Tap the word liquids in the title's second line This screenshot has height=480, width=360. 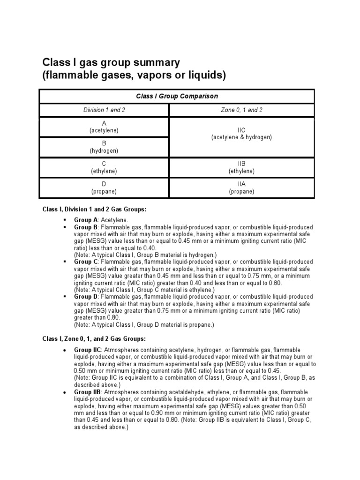point(207,75)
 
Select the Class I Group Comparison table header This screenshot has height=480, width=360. point(177,96)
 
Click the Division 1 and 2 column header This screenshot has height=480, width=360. point(104,110)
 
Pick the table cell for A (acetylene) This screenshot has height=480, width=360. point(104,127)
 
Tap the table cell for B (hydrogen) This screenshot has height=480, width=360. point(104,147)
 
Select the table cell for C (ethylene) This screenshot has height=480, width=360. point(104,167)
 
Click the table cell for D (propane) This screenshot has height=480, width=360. point(104,188)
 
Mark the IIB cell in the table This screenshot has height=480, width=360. point(241,167)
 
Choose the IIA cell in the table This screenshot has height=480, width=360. point(241,188)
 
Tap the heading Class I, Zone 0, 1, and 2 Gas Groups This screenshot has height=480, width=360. point(94,338)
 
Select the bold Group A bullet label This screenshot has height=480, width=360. point(86,220)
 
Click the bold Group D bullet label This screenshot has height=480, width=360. point(86,297)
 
